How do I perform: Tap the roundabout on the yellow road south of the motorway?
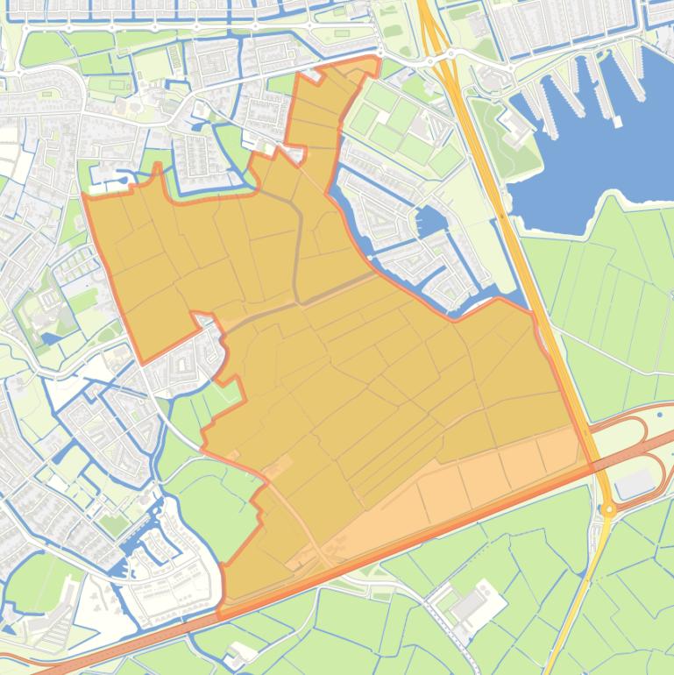pos(607,508)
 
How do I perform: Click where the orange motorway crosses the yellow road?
pos(599,464)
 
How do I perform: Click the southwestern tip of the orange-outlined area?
pos(221,605)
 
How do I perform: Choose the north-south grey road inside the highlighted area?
pos(299,245)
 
